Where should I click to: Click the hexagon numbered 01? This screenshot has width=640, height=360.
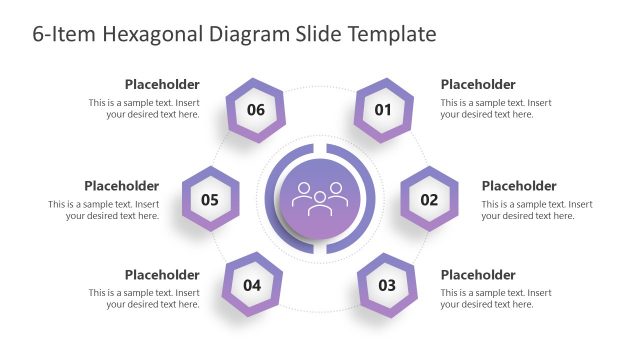pyautogui.click(x=384, y=109)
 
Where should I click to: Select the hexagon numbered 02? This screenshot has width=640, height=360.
pyautogui.click(x=429, y=199)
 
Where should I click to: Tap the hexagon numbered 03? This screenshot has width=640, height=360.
pyautogui.click(x=387, y=285)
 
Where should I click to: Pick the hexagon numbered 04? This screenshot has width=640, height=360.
pyautogui.click(x=252, y=285)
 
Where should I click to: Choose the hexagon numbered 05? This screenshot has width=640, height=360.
pyautogui.click(x=210, y=199)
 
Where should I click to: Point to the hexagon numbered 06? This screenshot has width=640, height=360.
pyautogui.click(x=256, y=109)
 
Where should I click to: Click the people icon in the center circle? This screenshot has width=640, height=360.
pyautogui.click(x=319, y=196)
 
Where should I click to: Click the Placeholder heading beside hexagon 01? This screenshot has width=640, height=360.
pyautogui.click(x=478, y=85)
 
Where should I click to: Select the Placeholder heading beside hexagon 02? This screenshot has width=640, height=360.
pyautogui.click(x=519, y=186)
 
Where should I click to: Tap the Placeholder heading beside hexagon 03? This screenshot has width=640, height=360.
pyautogui.click(x=478, y=275)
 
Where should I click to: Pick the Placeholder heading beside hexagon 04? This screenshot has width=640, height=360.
pyautogui.click(x=162, y=275)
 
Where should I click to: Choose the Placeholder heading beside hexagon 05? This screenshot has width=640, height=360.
pyautogui.click(x=121, y=186)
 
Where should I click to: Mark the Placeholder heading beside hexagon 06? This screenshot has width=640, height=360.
pyautogui.click(x=162, y=85)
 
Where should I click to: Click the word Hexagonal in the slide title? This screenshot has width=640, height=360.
pyautogui.click(x=150, y=34)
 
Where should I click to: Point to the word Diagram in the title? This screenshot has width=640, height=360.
pyautogui.click(x=249, y=34)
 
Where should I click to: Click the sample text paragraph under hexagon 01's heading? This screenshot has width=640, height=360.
pyautogui.click(x=496, y=108)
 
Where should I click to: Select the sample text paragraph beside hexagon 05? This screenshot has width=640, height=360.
pyautogui.click(x=104, y=210)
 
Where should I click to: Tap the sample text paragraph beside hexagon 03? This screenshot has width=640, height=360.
pyautogui.click(x=496, y=299)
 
